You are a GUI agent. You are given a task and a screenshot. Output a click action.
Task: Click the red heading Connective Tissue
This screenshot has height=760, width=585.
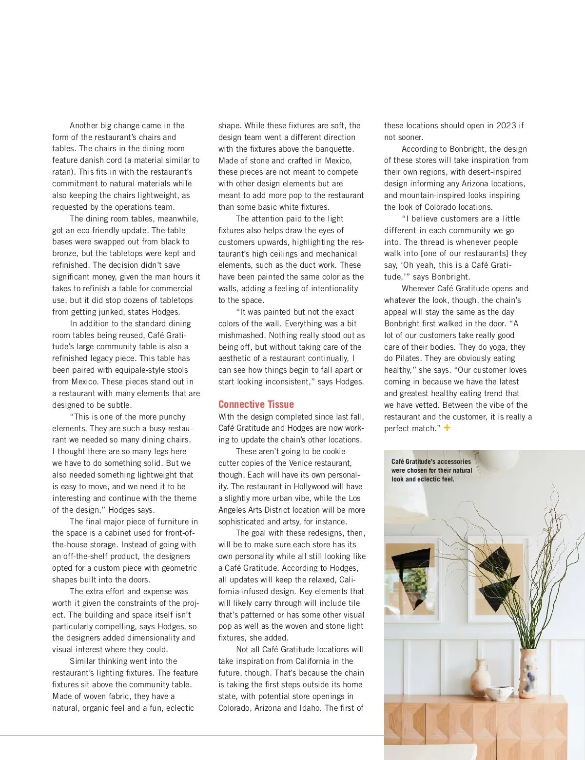(x=256, y=404)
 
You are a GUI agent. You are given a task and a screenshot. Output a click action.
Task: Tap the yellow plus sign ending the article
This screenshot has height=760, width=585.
(x=447, y=428)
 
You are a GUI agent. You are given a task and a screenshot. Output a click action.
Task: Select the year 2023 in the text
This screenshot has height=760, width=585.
(x=506, y=125)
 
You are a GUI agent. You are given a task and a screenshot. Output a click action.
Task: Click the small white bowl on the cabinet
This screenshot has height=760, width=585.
(x=499, y=693)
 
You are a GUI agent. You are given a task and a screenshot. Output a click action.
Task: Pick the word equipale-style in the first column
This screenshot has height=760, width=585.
(x=137, y=370)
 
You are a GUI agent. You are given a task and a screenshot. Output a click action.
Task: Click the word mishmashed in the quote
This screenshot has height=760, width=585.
(x=241, y=335)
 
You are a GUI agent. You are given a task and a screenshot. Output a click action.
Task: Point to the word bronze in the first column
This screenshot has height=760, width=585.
(x=65, y=253)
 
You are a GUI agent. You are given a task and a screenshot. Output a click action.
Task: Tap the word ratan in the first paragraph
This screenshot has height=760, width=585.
(x=63, y=172)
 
